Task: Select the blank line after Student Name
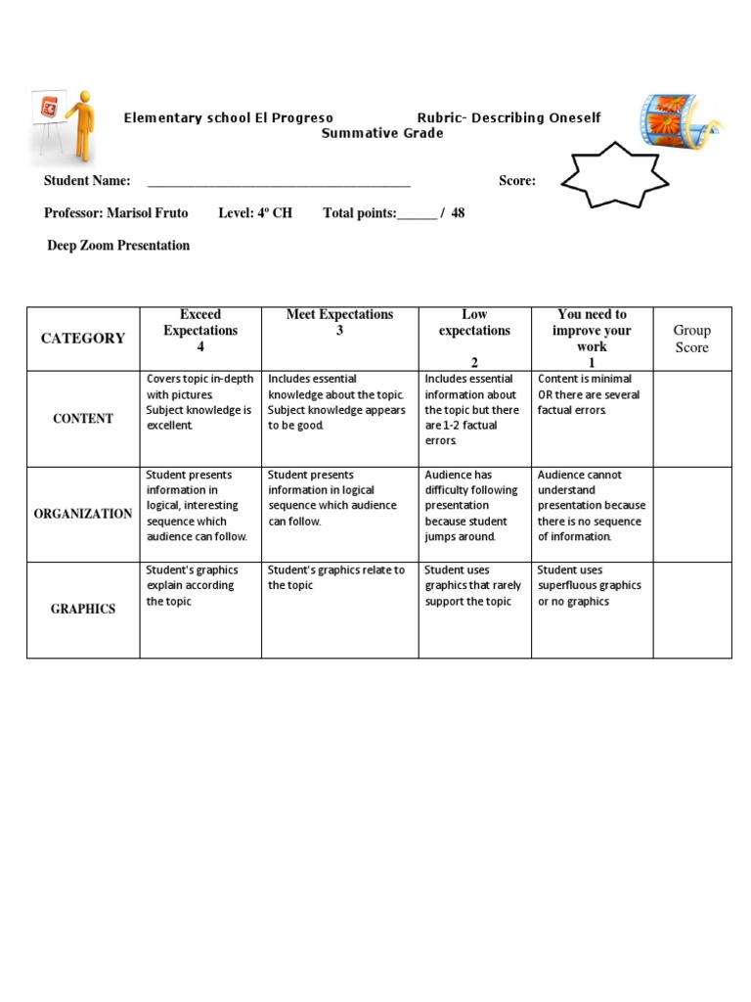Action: pos(279,182)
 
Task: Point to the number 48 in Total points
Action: pos(458,213)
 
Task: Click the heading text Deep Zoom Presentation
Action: pos(118,246)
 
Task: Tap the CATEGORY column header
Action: pos(83,339)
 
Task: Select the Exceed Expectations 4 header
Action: pos(200,331)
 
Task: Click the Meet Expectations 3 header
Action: pos(339,323)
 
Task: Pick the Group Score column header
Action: pos(691,339)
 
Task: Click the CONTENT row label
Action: pos(83,419)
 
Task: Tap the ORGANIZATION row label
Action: pos(83,514)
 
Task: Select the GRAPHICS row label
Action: pos(83,609)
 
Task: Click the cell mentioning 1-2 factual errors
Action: pos(473,410)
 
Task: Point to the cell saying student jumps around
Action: pos(473,506)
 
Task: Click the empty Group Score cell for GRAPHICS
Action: pos(691,609)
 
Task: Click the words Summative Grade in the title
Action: pos(382,134)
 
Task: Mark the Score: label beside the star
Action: pos(517,181)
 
